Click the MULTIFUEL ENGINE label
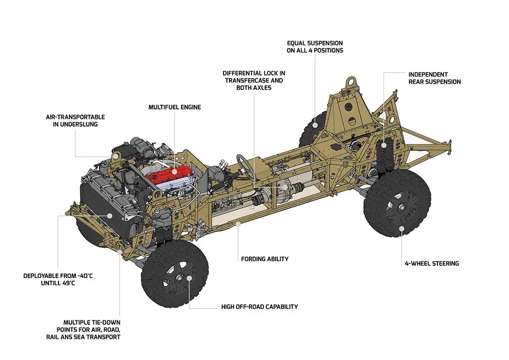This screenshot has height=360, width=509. click(174, 107)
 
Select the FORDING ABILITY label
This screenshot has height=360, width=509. click(265, 259)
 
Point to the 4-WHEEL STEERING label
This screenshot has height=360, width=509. click(431, 264)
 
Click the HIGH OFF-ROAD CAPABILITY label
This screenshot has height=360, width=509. click(259, 307)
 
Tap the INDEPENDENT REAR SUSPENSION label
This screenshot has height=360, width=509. click(434, 78)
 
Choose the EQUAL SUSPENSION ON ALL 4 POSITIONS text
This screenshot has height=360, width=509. click(315, 46)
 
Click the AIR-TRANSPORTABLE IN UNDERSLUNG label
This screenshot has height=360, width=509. click(75, 121)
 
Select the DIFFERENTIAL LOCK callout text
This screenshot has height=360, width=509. click(254, 80)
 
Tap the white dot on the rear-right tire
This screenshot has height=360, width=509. click(402, 228)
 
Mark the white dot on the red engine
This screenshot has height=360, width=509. click(174, 172)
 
